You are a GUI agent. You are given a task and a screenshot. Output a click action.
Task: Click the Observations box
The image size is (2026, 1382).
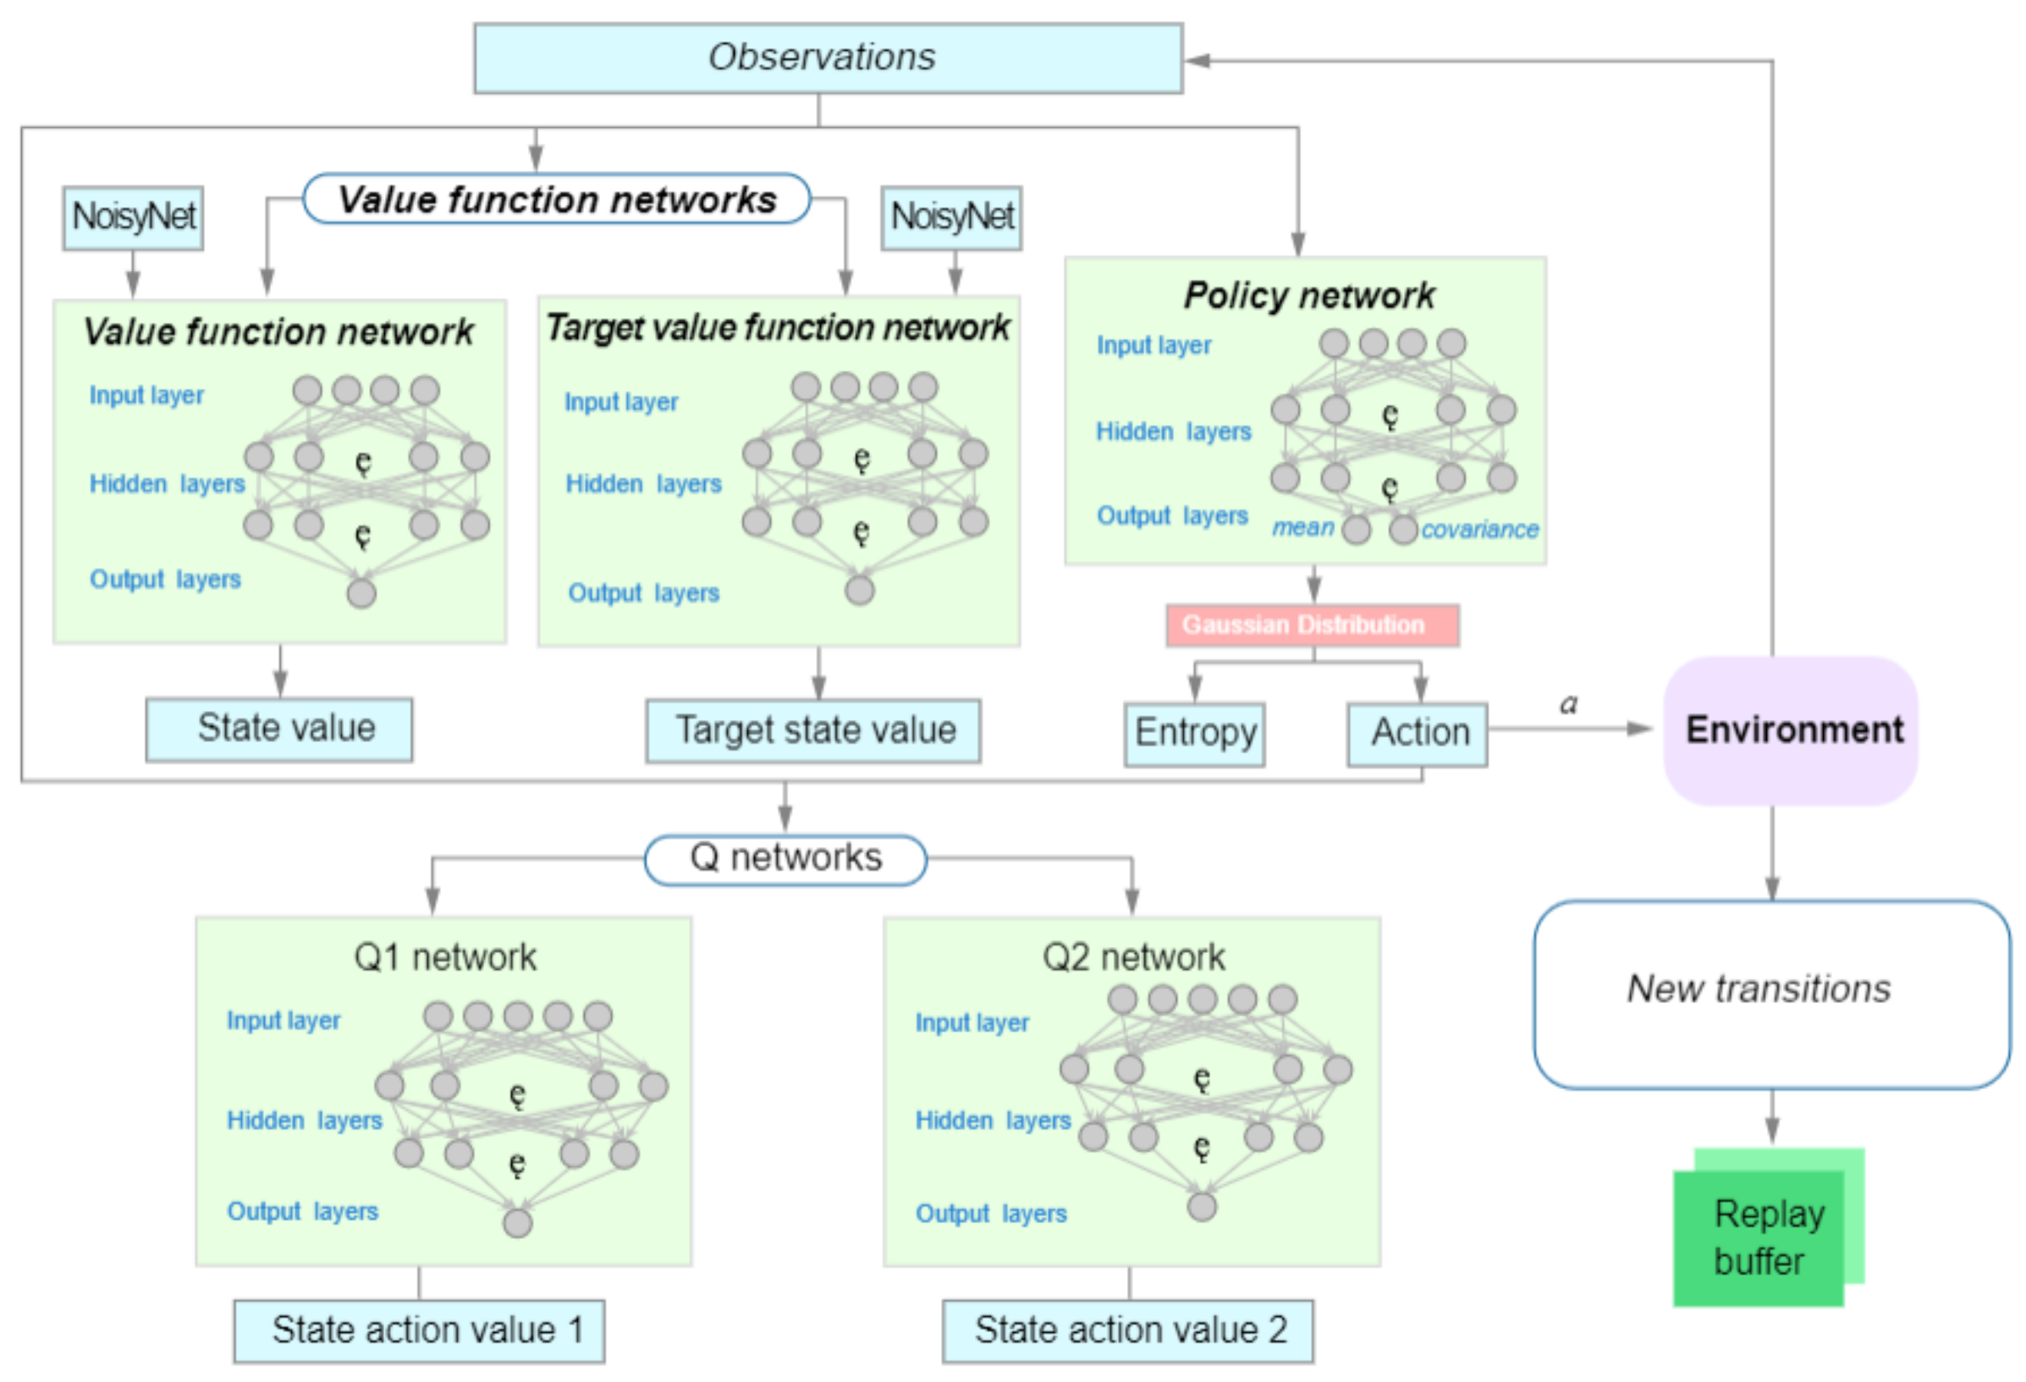[x=829, y=58]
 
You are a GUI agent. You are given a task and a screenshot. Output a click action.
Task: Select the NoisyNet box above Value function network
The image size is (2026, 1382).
[x=134, y=218]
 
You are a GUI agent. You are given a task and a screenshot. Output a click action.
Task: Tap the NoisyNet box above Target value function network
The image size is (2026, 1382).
[x=952, y=218]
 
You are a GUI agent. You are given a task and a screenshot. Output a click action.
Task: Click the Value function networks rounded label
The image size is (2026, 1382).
[x=557, y=199]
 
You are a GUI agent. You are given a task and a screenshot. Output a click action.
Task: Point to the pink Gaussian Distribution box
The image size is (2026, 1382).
[x=1313, y=625]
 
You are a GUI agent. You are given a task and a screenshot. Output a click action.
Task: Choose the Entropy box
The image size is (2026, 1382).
[x=1195, y=734]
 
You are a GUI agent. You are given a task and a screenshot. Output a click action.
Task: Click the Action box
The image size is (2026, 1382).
[x=1418, y=734]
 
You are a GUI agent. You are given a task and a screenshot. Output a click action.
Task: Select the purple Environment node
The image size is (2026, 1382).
[x=1791, y=730]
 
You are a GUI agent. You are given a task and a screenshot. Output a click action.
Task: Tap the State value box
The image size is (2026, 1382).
[x=280, y=730]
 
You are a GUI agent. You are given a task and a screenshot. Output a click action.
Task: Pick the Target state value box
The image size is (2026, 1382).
[x=813, y=730]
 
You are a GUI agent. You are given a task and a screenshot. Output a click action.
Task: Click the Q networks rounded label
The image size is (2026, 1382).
[x=785, y=860]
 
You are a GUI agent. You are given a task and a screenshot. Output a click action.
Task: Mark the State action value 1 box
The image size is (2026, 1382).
[x=419, y=1331]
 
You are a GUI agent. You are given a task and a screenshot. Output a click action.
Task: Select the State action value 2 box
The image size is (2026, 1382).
[x=1129, y=1331]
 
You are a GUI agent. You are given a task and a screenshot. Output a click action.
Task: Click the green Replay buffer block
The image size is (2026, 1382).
[x=1768, y=1228]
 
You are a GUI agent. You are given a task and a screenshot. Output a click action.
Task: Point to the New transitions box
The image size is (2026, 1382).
[x=1772, y=995]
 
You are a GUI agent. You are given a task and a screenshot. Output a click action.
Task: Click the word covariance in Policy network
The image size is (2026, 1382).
[x=1479, y=529]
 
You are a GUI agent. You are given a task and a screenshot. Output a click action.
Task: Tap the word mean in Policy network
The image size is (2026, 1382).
[x=1302, y=527]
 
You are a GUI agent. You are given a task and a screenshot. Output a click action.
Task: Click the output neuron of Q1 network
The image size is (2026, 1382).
[x=518, y=1222]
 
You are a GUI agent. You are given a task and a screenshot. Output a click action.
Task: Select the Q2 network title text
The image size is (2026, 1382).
[x=1133, y=957]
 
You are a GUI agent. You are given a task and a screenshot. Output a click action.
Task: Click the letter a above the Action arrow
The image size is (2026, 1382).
[x=1569, y=703]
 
